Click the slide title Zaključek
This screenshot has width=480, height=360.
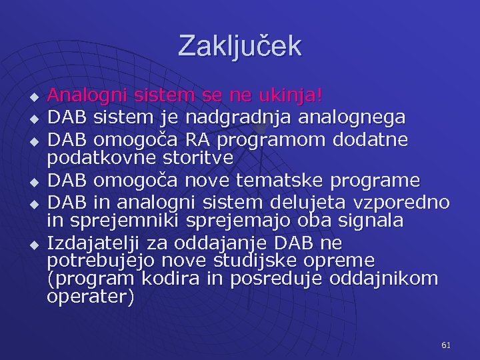(239, 46)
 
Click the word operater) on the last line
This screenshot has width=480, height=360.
(90, 297)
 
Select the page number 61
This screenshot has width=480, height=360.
(446, 345)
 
